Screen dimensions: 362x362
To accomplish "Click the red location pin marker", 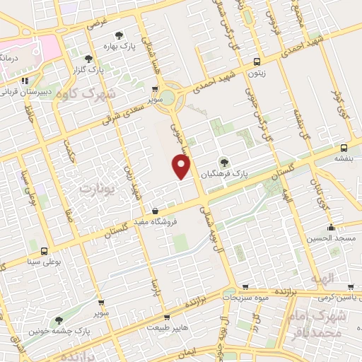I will point(182,167).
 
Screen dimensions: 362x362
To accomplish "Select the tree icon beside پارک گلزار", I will point(88,59).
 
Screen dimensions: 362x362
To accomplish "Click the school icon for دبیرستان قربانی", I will point(25,81).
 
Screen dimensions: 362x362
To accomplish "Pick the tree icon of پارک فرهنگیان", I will point(224,160).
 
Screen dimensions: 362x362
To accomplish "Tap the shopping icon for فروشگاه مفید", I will point(155,209).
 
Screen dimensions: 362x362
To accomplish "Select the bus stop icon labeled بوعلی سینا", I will point(45,251).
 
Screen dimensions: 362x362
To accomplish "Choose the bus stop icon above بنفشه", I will point(343,148).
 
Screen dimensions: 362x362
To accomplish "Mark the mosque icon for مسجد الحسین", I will point(331,227).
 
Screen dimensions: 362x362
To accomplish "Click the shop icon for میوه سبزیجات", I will point(245,286).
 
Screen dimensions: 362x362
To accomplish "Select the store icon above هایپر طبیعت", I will point(167,317).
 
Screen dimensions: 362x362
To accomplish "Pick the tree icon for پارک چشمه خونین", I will point(58,320).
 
